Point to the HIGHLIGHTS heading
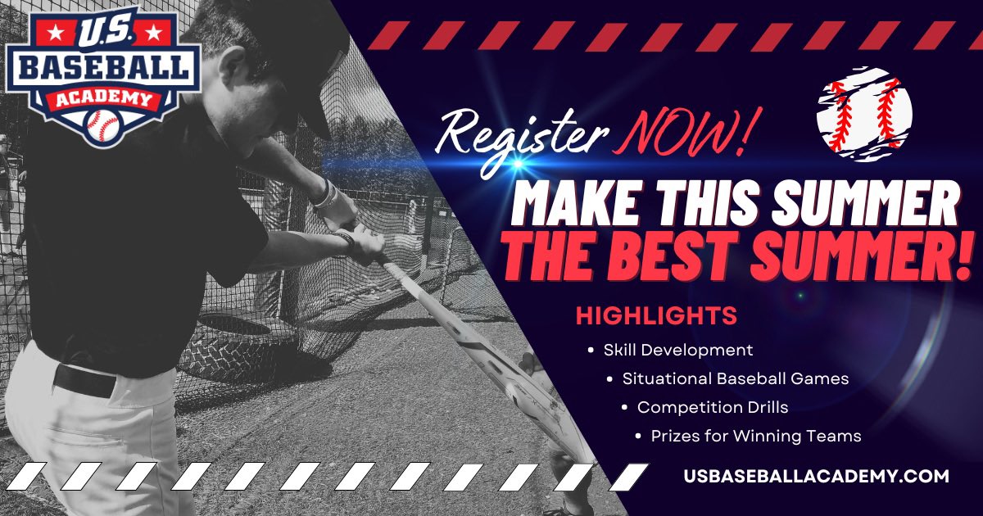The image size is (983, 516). pyautogui.click(x=655, y=315)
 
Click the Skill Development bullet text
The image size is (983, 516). pyautogui.click(x=677, y=350)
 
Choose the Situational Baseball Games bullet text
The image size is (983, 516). pyautogui.click(x=735, y=379)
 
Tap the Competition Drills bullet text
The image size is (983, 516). pyautogui.click(x=712, y=407)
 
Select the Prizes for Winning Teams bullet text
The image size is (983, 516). pyautogui.click(x=755, y=436)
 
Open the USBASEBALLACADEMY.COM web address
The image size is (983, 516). pyautogui.click(x=816, y=476)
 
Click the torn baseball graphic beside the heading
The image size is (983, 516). pyautogui.click(x=863, y=114)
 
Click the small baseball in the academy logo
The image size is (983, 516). pyautogui.click(x=103, y=125)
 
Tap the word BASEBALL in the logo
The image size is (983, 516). pyautogui.click(x=103, y=70)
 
